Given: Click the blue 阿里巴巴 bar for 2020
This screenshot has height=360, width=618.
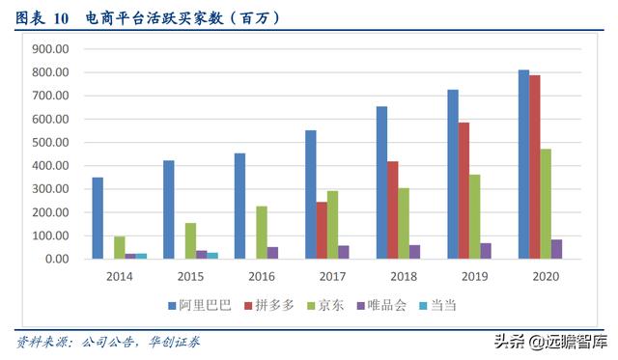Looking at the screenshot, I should (x=523, y=164).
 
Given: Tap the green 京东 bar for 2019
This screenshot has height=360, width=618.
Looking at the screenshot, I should (x=475, y=216).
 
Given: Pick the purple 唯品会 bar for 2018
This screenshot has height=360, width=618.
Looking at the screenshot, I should (x=415, y=252).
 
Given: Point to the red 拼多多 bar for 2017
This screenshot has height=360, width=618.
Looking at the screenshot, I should (x=322, y=230).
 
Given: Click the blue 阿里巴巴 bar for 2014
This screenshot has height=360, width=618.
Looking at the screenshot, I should (x=98, y=218).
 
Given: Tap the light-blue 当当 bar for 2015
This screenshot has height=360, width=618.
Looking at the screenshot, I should (x=212, y=256).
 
